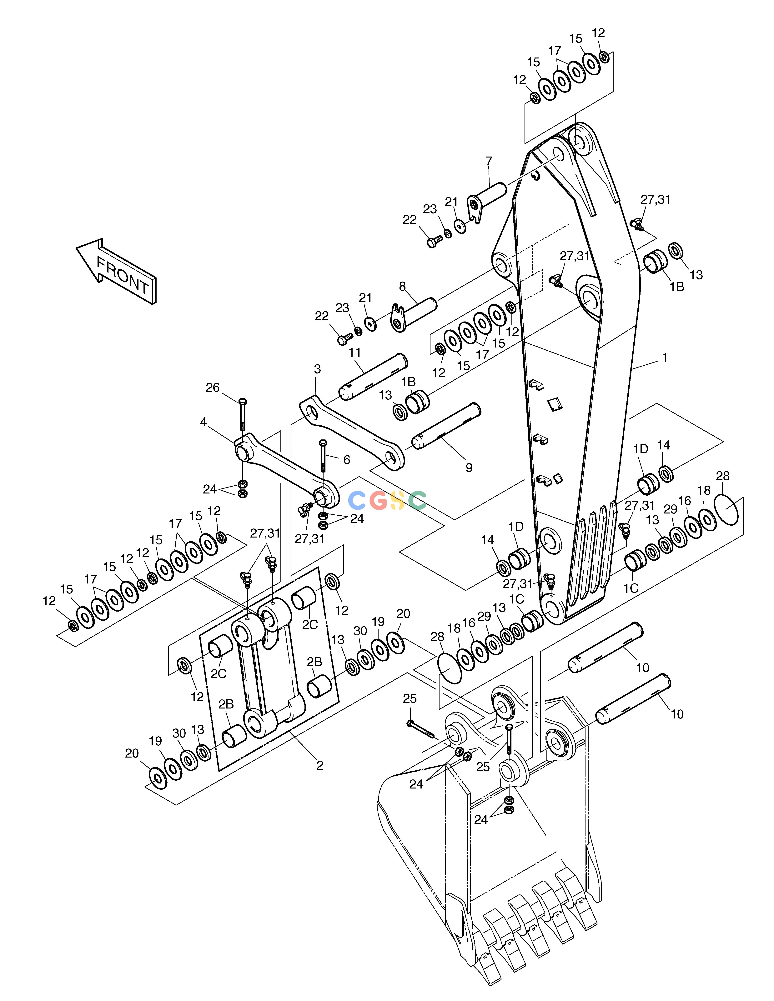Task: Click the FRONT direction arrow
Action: coord(116,271)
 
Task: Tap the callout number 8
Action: coord(402,287)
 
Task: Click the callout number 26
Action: coord(212,388)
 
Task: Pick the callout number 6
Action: coord(347,460)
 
